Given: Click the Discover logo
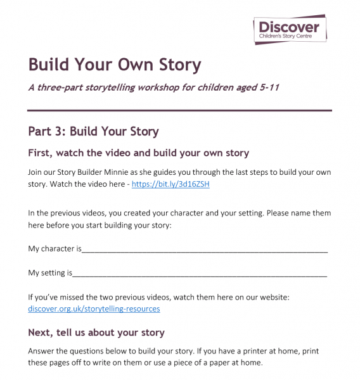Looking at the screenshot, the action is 290,30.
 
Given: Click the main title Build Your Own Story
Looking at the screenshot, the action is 114,65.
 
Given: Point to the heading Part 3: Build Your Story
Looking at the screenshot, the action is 93,131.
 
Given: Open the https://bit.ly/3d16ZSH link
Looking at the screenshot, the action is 170,184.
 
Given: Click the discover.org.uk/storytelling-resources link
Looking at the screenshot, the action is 94,308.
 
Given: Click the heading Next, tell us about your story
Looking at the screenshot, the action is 96,332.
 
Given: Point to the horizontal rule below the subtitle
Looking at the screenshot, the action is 180,110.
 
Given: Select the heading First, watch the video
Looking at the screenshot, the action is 138,153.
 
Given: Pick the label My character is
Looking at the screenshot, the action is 55,249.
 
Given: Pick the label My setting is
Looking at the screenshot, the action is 50,273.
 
